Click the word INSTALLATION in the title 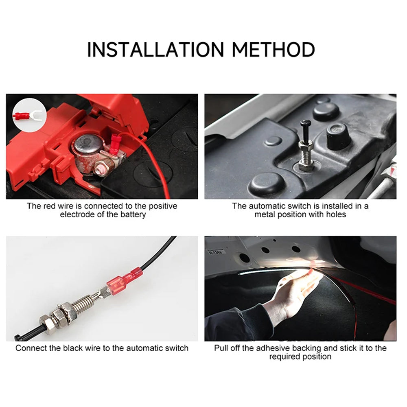(155, 49)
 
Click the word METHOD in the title (274, 49)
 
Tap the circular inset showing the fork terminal (30, 115)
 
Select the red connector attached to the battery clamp (114, 144)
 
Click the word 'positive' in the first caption (163, 206)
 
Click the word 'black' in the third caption (73, 348)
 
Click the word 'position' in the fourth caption (316, 357)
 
